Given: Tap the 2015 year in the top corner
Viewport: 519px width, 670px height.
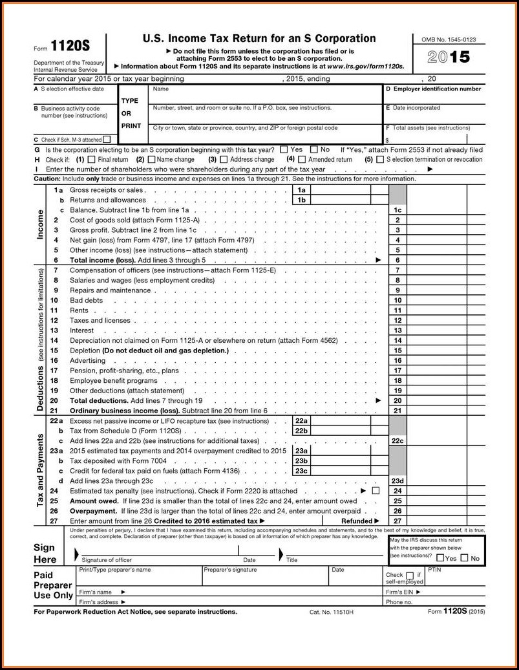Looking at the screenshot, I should coord(449,57).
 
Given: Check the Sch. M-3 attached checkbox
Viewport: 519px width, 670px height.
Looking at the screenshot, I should coord(107,138).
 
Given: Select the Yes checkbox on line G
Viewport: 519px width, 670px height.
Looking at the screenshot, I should coord(284,149).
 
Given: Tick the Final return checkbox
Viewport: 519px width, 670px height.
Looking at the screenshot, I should coord(91,159).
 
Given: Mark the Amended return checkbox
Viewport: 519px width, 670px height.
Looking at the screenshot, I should coord(301,159).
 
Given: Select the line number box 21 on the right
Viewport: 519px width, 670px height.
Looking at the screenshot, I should coord(397,410).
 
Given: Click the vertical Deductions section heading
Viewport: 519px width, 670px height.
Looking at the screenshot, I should coord(40,388).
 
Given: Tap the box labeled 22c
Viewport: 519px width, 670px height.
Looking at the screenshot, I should coord(397,440).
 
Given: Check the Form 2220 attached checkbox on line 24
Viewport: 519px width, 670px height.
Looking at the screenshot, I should coord(376,491).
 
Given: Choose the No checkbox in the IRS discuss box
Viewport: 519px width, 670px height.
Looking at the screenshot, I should coord(464,558).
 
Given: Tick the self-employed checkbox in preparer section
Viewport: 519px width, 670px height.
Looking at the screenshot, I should coord(409,575).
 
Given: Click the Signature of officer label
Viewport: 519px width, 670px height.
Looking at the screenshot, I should coord(107,560).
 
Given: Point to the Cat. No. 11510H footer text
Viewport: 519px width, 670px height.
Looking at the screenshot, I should coord(332,612).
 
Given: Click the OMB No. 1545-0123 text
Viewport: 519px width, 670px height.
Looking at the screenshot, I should coord(449,40).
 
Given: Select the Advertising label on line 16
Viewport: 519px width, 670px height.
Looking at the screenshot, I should coord(87,360).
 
